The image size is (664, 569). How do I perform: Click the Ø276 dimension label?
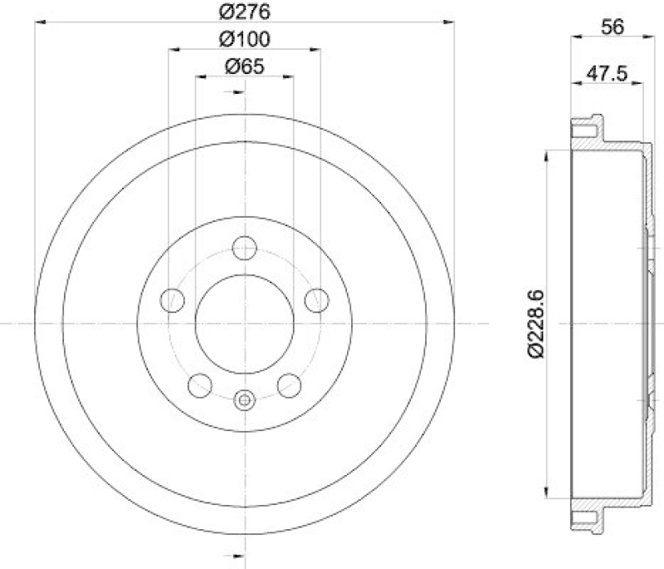coord(244,12)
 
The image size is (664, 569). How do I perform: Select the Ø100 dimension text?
coord(244,39)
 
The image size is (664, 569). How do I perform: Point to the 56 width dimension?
coord(612,27)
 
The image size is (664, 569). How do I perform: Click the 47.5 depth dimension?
coord(605,71)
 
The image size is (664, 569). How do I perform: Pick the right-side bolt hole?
coord(315,299)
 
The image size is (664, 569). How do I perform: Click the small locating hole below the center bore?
coord(244,400)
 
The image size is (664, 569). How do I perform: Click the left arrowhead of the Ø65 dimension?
coord(200,77)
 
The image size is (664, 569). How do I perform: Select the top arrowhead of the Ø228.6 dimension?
coord(545,155)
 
